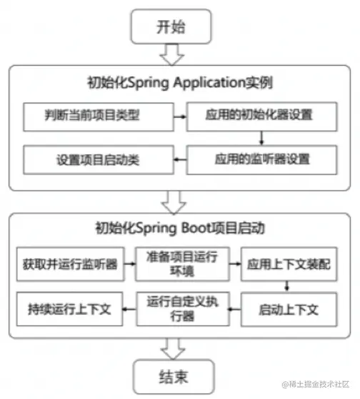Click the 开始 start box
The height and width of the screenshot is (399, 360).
coord(171,26)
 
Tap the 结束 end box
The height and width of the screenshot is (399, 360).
coord(174,377)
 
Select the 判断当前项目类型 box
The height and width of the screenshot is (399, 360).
coord(99,117)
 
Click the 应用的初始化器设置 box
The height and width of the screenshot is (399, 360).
coord(262,117)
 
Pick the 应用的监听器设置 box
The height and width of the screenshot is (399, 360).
coord(262,159)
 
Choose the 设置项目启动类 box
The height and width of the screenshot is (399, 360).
coord(99,159)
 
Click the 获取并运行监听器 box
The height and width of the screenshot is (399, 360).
coord(71,264)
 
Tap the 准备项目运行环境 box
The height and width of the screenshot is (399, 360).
coord(183,264)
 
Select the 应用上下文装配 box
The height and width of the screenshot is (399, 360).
coord(289,264)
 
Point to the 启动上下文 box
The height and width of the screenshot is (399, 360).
coord(289,310)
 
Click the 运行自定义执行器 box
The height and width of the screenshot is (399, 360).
coord(183,309)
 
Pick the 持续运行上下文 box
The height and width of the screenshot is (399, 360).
coord(69,309)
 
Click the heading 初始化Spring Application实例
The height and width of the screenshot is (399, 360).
coord(180,83)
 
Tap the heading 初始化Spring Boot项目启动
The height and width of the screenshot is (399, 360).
coord(180,228)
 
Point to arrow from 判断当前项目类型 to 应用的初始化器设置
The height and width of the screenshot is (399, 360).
coord(180,117)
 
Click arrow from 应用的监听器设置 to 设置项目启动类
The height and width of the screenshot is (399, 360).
coord(180,159)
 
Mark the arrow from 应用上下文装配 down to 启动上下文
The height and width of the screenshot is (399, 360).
coord(286,287)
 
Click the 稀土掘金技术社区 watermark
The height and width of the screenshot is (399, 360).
coord(316,384)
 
